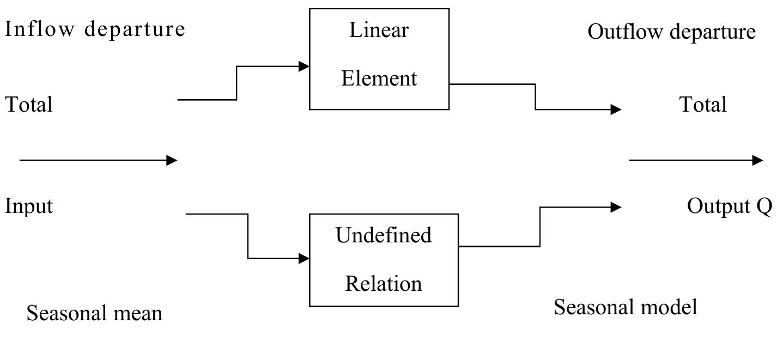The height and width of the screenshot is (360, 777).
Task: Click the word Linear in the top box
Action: tap(379, 30)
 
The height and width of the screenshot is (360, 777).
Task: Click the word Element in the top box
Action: tap(379, 78)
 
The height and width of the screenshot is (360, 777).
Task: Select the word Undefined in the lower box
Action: tap(383, 235)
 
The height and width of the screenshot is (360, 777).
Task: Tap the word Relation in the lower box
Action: tap(383, 284)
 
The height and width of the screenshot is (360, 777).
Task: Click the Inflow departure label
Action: tap(95, 29)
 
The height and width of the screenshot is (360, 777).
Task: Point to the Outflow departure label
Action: tap(671, 32)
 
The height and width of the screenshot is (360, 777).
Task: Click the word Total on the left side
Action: tap(29, 104)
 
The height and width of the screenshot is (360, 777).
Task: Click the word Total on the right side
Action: tap(703, 104)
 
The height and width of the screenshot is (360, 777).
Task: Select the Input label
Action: tap(29, 206)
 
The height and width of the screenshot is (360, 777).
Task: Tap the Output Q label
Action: tap(729, 206)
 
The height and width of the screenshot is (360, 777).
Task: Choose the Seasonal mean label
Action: tap(94, 314)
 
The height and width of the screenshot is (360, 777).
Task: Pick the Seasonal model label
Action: tap(625, 308)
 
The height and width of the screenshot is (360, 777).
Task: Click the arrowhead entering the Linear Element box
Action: tap(304, 66)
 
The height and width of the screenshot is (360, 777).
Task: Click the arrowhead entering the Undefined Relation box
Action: tap(304, 259)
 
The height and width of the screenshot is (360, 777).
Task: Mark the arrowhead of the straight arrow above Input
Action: tap(172, 160)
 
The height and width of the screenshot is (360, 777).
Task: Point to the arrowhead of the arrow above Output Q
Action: tap(757, 160)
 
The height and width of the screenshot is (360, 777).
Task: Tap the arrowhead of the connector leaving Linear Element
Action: tap(616, 109)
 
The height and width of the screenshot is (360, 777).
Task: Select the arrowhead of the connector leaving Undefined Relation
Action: tap(616, 207)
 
